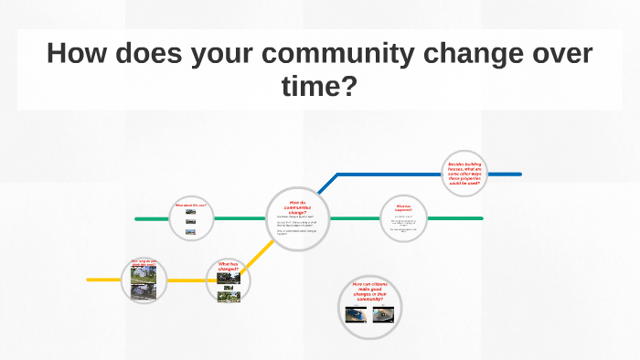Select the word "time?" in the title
point(319,89)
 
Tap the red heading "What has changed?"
point(229,266)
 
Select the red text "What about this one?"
point(190,205)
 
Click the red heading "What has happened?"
point(403,207)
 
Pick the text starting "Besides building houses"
point(464,174)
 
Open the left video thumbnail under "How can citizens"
point(355,315)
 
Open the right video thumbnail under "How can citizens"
point(384,315)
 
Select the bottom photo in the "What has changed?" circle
point(229,295)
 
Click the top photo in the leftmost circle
point(144,273)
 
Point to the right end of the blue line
point(520,174)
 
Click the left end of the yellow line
point(89,280)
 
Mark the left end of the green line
point(136,219)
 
